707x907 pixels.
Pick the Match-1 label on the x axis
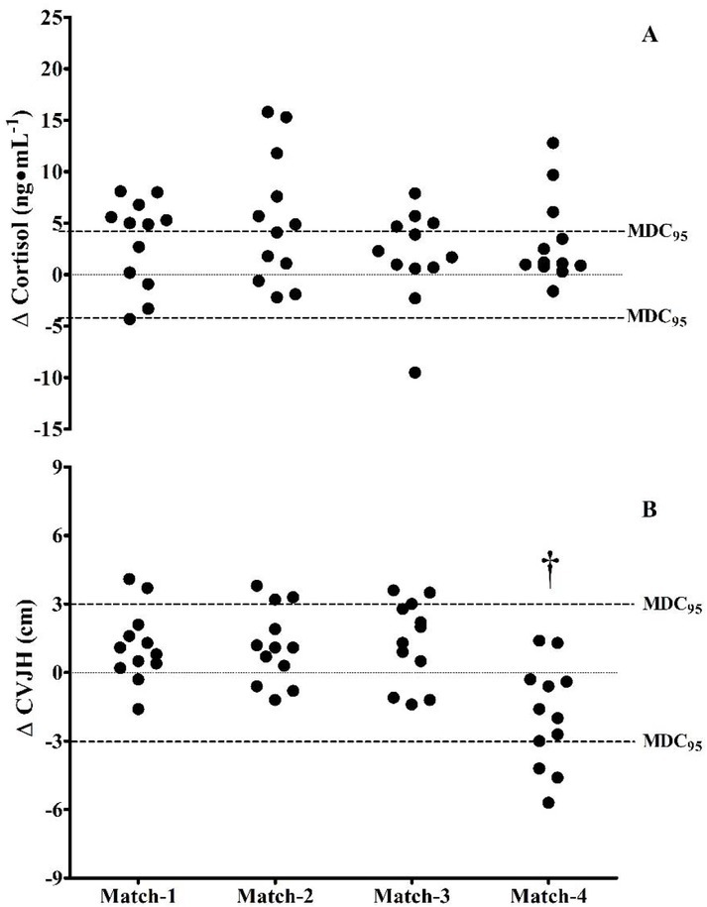point(139,895)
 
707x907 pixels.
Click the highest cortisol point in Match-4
point(553,143)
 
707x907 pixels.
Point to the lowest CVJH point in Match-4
point(548,802)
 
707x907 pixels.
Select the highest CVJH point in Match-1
point(129,579)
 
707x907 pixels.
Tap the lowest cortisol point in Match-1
point(130,319)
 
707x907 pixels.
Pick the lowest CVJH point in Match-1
point(139,709)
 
